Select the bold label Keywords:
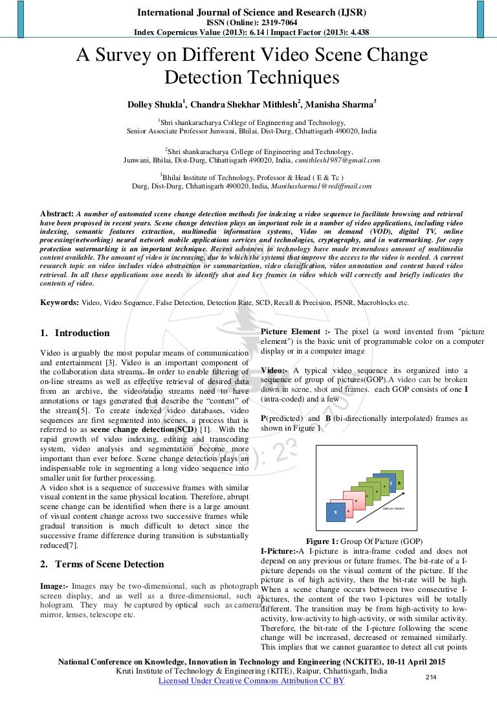point(60,302)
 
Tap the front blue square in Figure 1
point(336,512)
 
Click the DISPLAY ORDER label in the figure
point(393,508)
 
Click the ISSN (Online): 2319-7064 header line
point(250,22)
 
